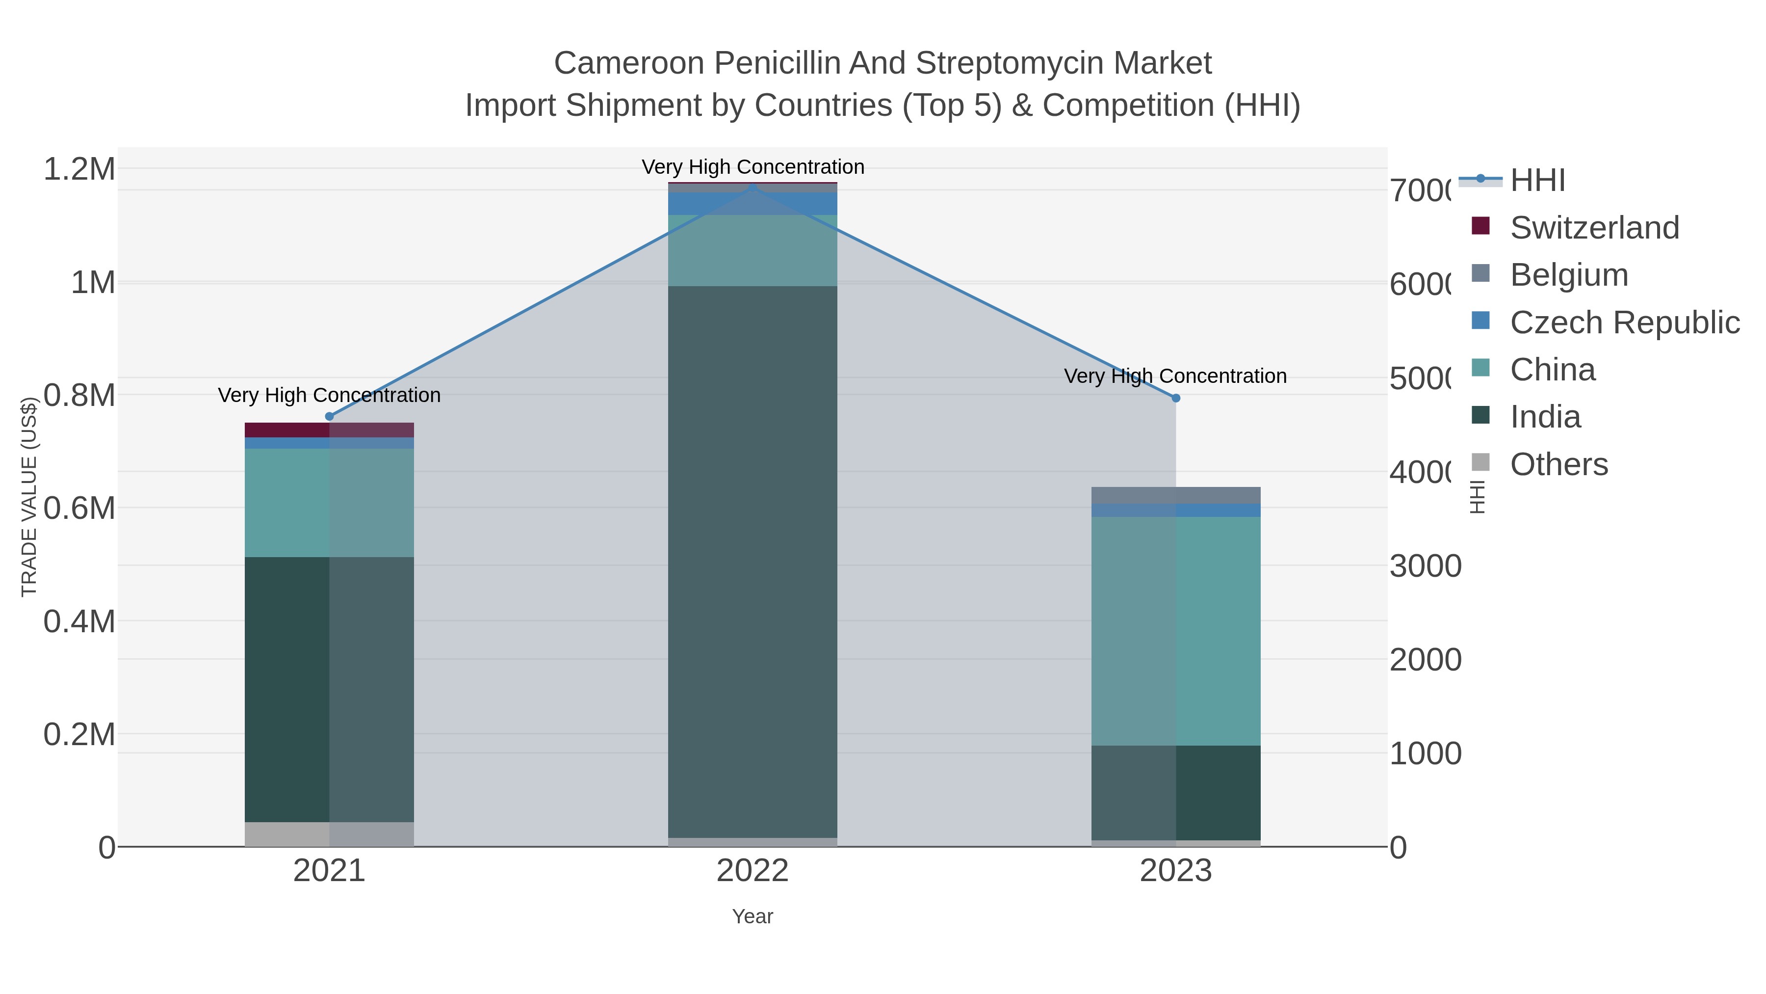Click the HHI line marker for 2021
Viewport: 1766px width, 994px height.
pyautogui.click(x=329, y=416)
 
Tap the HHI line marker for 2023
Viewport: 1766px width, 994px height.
pyautogui.click(x=1176, y=398)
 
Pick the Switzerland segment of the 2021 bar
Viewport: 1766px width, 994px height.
pyautogui.click(x=329, y=430)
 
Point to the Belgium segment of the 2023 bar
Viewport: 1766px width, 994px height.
pyautogui.click(x=1176, y=495)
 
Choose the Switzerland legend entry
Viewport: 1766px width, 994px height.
pyautogui.click(x=1594, y=228)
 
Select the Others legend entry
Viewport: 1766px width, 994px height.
pyautogui.click(x=1558, y=464)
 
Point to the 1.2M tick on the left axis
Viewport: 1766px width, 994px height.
pyautogui.click(x=79, y=169)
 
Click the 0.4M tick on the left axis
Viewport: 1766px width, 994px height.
pyautogui.click(x=79, y=621)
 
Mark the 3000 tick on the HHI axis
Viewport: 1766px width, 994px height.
pyautogui.click(x=1425, y=566)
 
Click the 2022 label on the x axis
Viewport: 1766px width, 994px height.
pyautogui.click(x=752, y=871)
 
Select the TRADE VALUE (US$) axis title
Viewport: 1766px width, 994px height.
pyautogui.click(x=29, y=497)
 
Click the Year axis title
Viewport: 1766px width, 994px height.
pyautogui.click(x=752, y=916)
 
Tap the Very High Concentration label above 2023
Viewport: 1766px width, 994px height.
pyautogui.click(x=1175, y=376)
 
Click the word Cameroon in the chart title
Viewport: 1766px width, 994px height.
pyautogui.click(x=629, y=63)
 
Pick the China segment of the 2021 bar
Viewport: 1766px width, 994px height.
pyautogui.click(x=329, y=502)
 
